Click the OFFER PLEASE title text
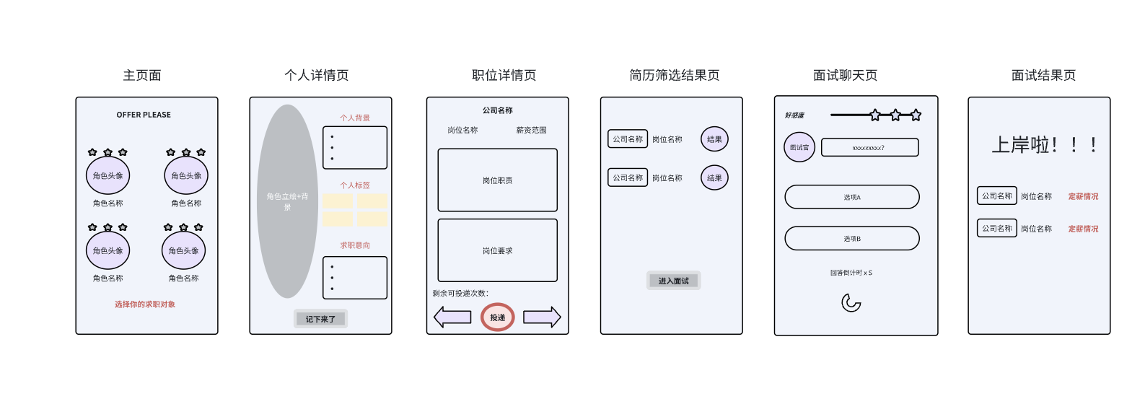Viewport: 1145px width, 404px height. point(144,115)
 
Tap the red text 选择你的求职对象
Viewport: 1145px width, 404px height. point(145,304)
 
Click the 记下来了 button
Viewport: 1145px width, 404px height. point(320,319)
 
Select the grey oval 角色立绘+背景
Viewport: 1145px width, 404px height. point(287,201)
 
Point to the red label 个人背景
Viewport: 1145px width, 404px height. point(355,118)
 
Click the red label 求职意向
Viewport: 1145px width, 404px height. point(355,245)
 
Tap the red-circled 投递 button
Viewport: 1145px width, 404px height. point(498,317)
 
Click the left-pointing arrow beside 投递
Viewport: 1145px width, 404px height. point(452,317)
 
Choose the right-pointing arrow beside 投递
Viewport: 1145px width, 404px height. point(542,317)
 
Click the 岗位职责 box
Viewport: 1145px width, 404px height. point(498,180)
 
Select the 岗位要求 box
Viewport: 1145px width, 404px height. point(498,250)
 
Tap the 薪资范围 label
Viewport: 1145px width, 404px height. point(531,131)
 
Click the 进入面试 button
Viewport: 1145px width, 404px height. point(673,281)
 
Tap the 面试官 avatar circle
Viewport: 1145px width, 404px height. point(799,147)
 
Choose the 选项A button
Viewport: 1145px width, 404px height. point(852,197)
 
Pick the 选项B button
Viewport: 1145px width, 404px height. point(852,238)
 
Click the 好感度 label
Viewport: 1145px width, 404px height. point(794,115)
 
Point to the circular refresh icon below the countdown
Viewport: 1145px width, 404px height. point(851,303)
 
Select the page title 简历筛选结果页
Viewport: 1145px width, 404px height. point(674,75)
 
